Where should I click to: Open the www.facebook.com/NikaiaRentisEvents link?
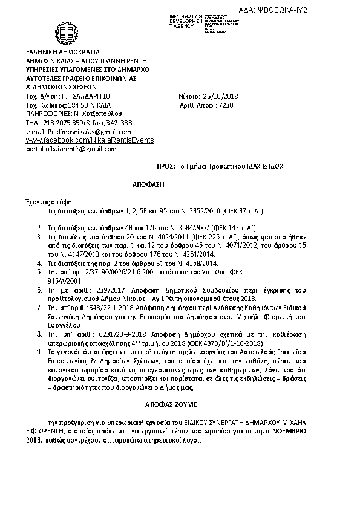pyautogui.click(x=90, y=140)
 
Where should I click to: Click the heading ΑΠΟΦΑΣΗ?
pyautogui.click(x=148, y=182)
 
